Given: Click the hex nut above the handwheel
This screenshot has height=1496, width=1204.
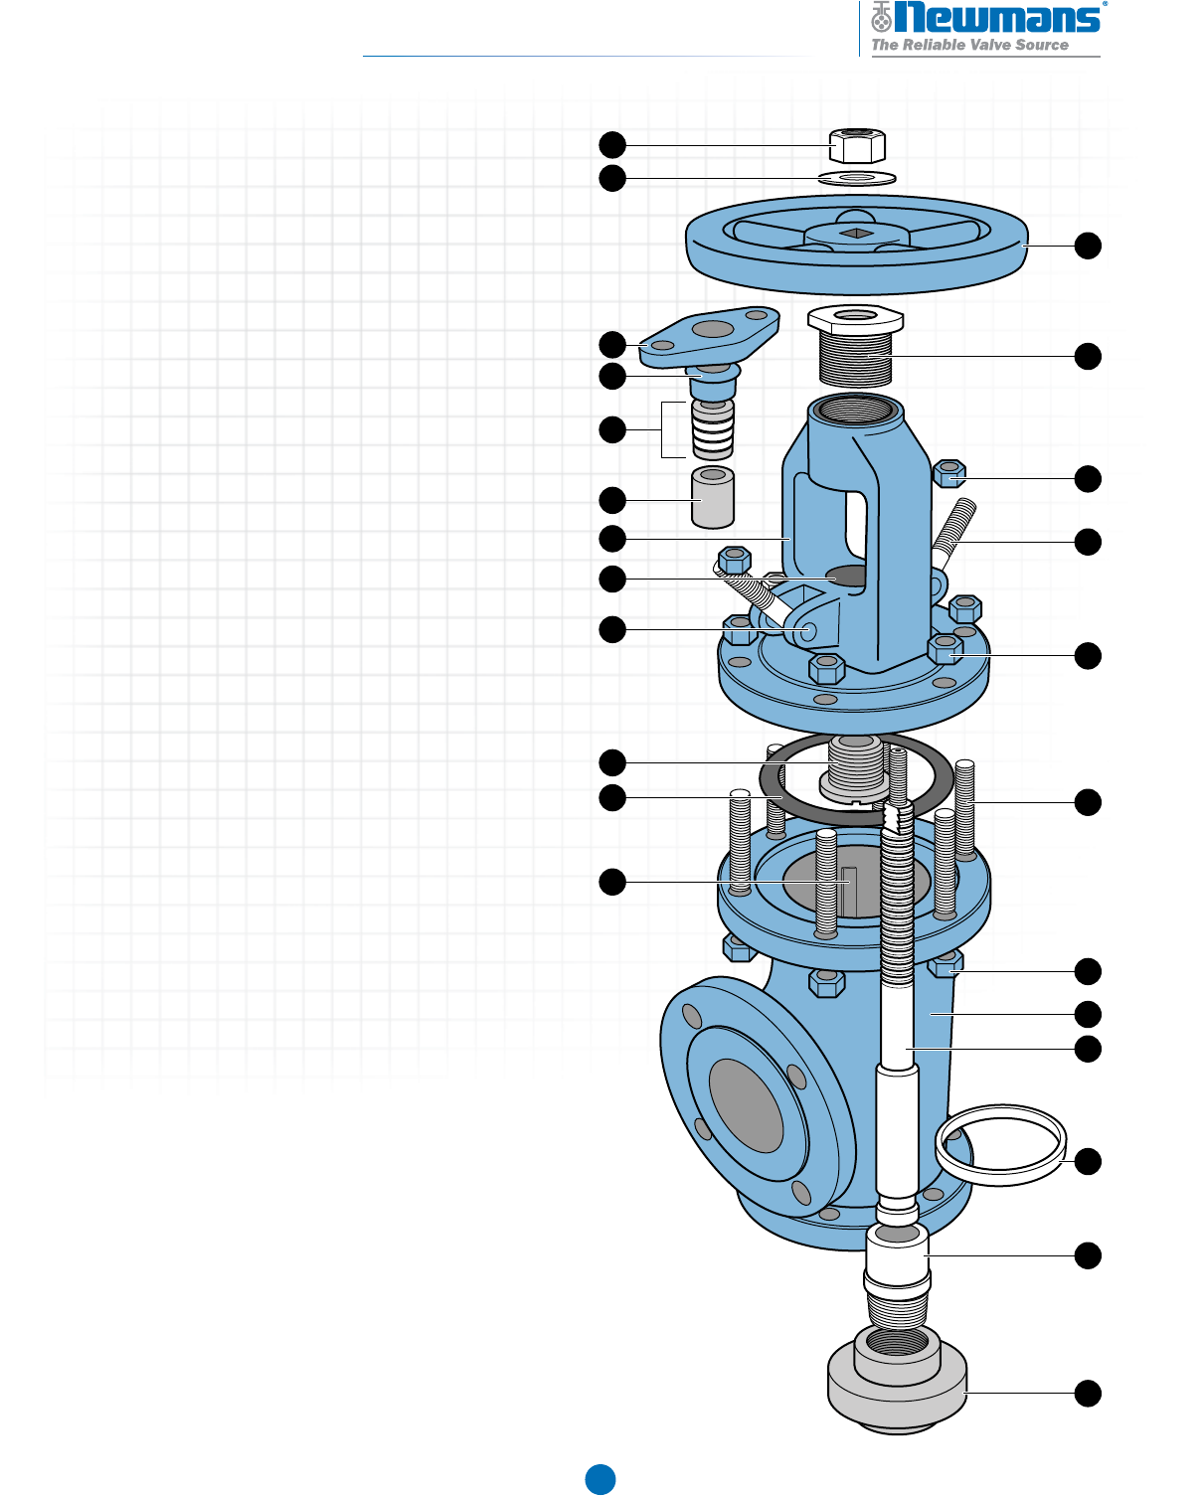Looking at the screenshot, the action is pos(856,146).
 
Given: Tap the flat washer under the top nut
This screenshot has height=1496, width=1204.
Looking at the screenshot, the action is pos(857,178).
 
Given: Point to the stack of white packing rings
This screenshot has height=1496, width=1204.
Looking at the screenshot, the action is pos(713,430).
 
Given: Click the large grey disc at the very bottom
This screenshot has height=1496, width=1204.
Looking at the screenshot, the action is pos(897,1392).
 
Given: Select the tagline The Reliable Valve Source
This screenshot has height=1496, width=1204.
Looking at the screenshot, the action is pos(969,45).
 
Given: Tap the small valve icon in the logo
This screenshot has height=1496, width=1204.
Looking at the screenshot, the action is pos(881,17).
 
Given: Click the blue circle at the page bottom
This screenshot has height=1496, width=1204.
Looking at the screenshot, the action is pos(600,1479).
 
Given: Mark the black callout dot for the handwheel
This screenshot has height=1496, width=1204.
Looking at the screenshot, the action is pos(1089,247).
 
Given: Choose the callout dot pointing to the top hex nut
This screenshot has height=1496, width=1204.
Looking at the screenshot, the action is pos(612,145).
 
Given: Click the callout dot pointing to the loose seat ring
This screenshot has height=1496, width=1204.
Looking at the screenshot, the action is pos(1089,1161).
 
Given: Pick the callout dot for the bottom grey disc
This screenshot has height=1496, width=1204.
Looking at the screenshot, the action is pos(1089,1394).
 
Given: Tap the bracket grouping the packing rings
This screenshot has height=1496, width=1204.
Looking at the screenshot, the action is pos(663,429).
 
